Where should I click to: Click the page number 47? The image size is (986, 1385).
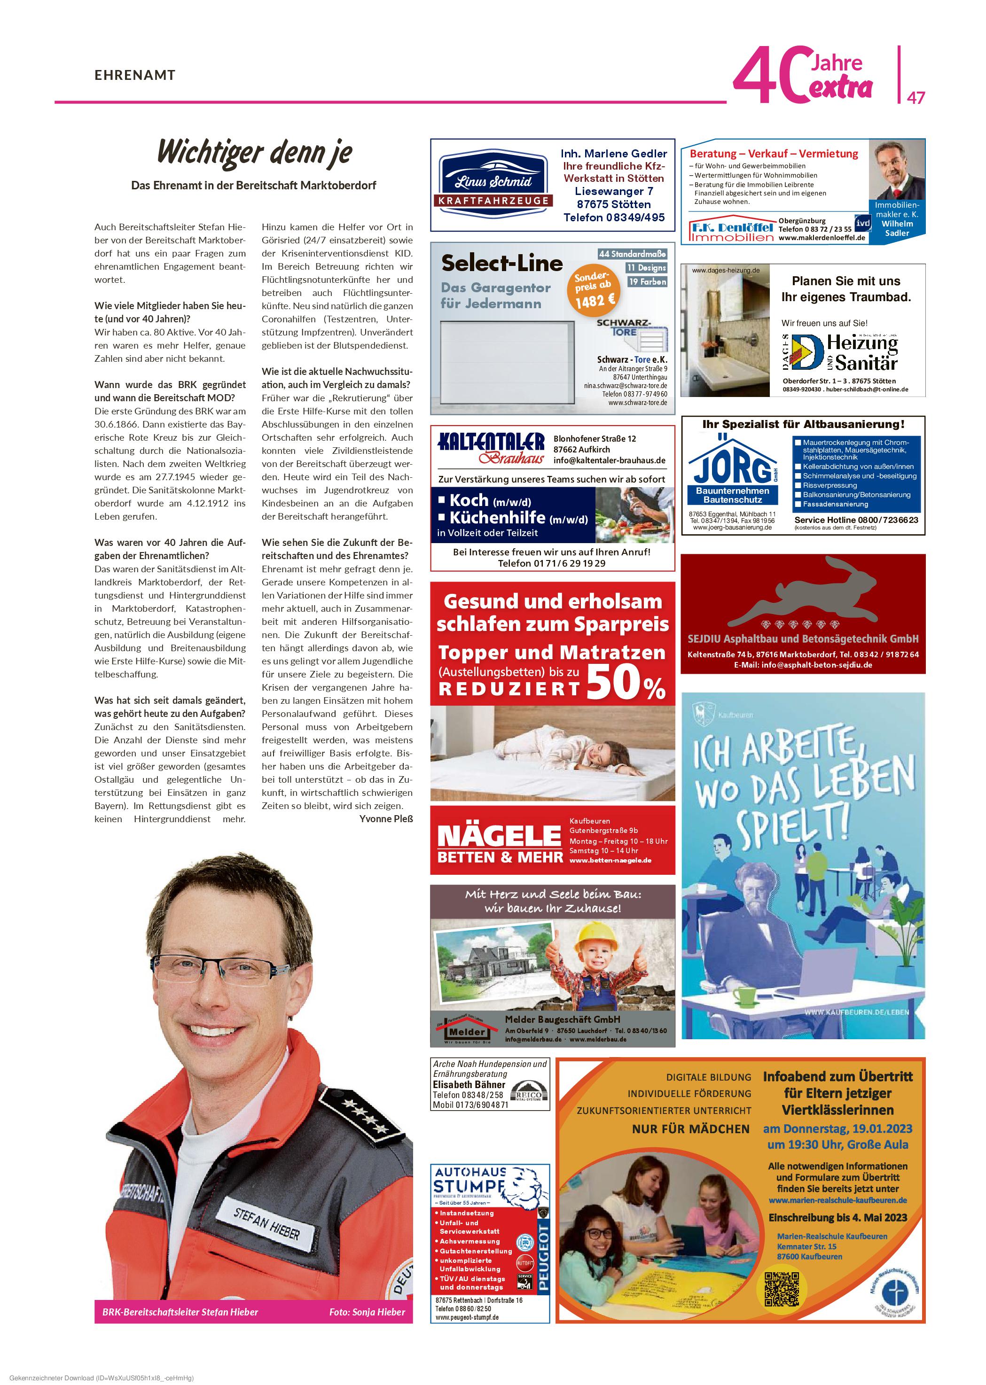pos(916,97)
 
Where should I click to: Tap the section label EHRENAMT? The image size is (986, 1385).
pos(135,75)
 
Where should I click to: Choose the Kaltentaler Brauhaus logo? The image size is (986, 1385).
pos(491,448)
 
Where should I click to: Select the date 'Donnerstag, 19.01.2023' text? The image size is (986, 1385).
pos(838,1128)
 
